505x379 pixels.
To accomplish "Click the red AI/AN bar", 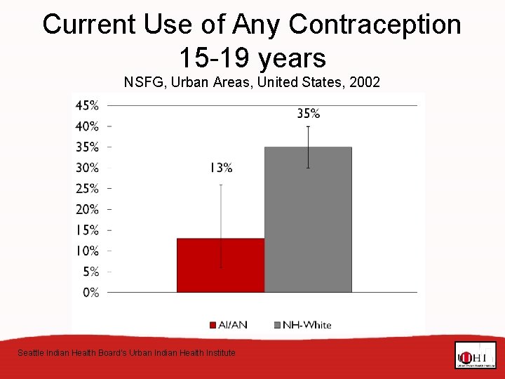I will [x=220, y=265].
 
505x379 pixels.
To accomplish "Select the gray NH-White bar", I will [x=308, y=219].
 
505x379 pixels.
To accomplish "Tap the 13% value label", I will [x=220, y=168].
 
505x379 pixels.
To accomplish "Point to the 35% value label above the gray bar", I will [x=308, y=113].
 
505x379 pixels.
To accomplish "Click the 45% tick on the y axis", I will [x=87, y=105].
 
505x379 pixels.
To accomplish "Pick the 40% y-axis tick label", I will [x=87, y=126].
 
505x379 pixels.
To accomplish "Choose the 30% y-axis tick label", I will [x=87, y=168].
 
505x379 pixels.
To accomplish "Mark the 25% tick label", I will [x=87, y=188].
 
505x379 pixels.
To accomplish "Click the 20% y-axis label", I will [x=87, y=209].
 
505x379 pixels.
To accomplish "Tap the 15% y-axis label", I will [x=87, y=230].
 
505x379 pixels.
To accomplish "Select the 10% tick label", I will [x=87, y=251].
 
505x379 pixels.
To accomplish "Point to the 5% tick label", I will [x=89, y=272].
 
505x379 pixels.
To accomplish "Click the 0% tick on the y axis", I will [x=90, y=292].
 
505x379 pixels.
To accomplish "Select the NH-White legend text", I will [x=308, y=325].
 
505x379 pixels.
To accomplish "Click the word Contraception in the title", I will [x=375, y=25].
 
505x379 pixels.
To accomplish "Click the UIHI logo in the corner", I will [x=475, y=355].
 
